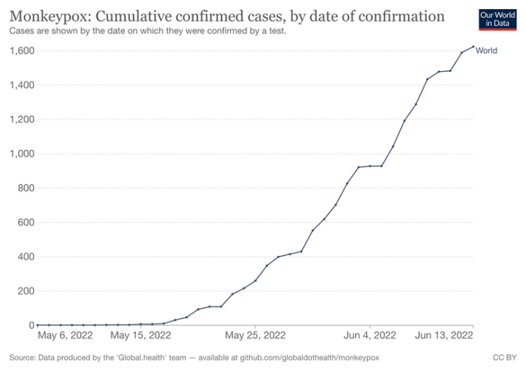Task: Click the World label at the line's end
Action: pos(486,51)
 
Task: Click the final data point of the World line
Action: pos(473,47)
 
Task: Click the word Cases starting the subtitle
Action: pos(22,31)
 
